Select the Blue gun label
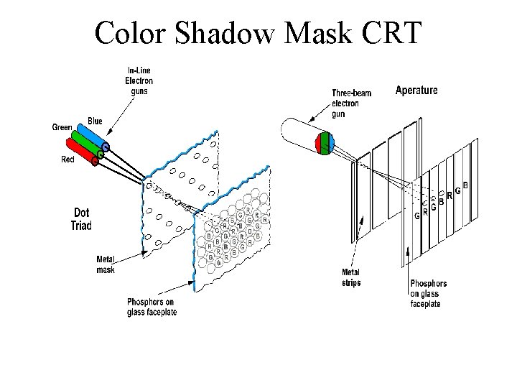point(95,120)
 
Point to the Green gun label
point(62,128)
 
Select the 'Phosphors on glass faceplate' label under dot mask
point(151,306)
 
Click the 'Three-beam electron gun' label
point(351,103)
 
